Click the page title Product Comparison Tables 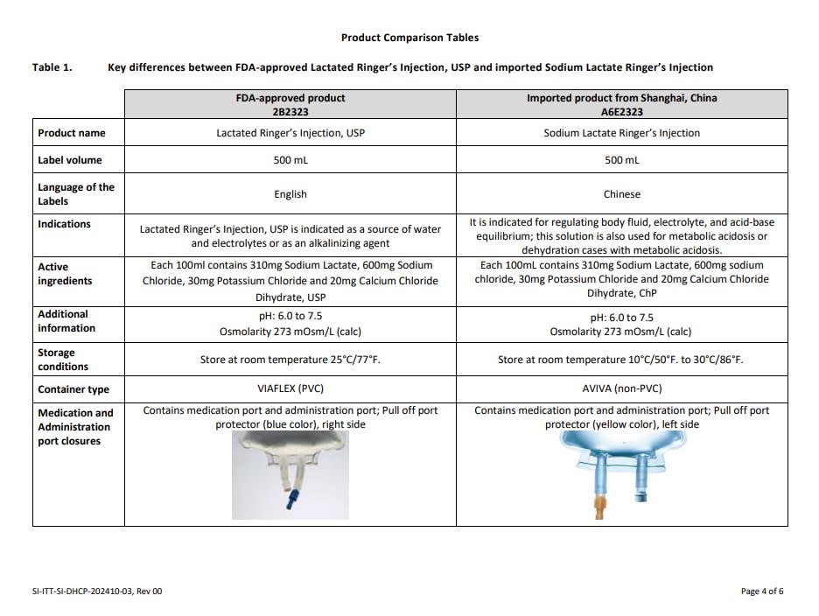pyautogui.click(x=409, y=38)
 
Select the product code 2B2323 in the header pyautogui.click(x=290, y=112)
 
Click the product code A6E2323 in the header pyautogui.click(x=621, y=112)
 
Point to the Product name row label pyautogui.click(x=72, y=133)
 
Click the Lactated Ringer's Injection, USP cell pyautogui.click(x=290, y=133)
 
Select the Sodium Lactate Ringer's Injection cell pyautogui.click(x=621, y=133)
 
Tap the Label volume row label pyautogui.click(x=70, y=160)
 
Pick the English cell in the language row pyautogui.click(x=290, y=194)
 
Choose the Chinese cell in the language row pyautogui.click(x=621, y=194)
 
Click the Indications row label pyautogui.click(x=64, y=224)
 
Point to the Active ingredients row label pyautogui.click(x=66, y=274)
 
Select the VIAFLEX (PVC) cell pyautogui.click(x=290, y=389)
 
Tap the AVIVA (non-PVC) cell pyautogui.click(x=621, y=389)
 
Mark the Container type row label pyautogui.click(x=73, y=389)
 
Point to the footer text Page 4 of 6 pyautogui.click(x=761, y=591)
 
